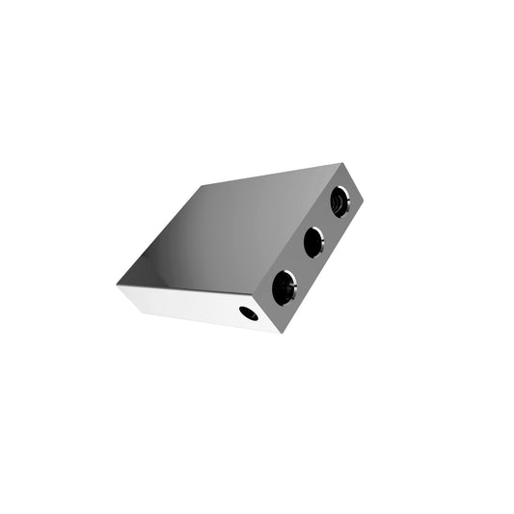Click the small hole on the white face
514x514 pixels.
[249, 312]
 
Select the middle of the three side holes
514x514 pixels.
[312, 242]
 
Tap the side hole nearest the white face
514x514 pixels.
[284, 286]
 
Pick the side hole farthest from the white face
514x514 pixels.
[338, 202]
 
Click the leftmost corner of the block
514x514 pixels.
[117, 285]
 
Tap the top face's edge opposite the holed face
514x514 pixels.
[159, 234]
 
